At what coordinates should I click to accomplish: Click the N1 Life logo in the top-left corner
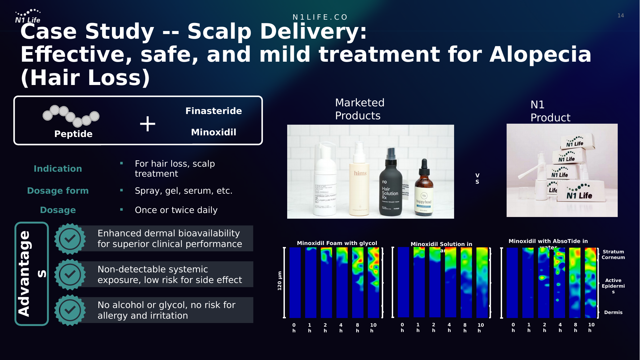pyautogui.click(x=28, y=16)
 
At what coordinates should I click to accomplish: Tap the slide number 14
pyautogui.click(x=620, y=16)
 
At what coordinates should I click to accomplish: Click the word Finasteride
pyautogui.click(x=214, y=111)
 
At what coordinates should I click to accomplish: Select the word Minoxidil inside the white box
pyautogui.click(x=214, y=132)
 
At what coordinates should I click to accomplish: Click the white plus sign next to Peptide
pyautogui.click(x=148, y=124)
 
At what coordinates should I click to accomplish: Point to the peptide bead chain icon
pyautogui.click(x=71, y=116)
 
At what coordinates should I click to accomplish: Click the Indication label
pyautogui.click(x=58, y=169)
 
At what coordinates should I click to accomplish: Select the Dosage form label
pyautogui.click(x=58, y=191)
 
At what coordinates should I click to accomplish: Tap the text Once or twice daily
pyautogui.click(x=176, y=210)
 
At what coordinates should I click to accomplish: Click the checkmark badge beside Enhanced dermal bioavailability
pyautogui.click(x=70, y=239)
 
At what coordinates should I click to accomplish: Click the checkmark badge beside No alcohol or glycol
pyautogui.click(x=70, y=310)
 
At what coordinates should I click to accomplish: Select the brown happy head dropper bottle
pyautogui.click(x=424, y=192)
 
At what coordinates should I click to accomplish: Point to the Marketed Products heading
pyautogui.click(x=359, y=109)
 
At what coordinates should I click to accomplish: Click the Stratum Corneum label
pyautogui.click(x=613, y=255)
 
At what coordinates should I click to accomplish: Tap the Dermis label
pyautogui.click(x=613, y=312)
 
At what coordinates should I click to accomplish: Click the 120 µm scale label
pyautogui.click(x=280, y=281)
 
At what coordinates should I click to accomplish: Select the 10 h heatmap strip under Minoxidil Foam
pyautogui.click(x=373, y=282)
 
